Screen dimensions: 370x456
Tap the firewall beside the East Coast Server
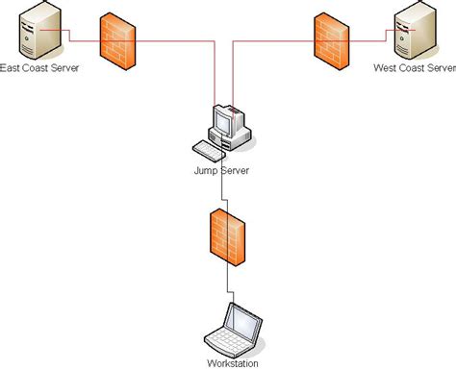pyautogui.click(x=117, y=42)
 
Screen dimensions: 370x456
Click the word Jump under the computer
pyautogui.click(x=206, y=170)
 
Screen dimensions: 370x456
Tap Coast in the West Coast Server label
pyautogui.click(x=413, y=69)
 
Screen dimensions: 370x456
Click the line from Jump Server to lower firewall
pyautogui.click(x=223, y=192)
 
